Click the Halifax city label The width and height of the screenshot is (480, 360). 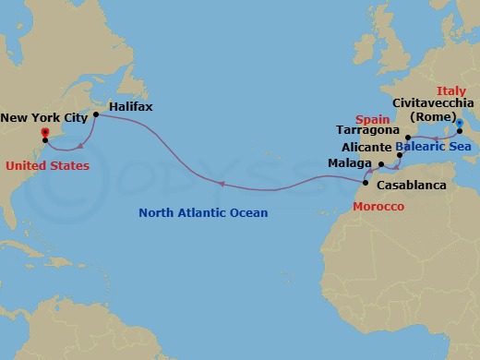coord(131,107)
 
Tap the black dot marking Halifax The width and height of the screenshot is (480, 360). coord(96,115)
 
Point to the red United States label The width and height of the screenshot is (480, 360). coord(47,166)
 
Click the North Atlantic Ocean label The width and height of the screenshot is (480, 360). coord(203,213)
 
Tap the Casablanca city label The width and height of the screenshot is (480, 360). coord(412,186)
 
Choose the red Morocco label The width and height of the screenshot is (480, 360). coord(378,206)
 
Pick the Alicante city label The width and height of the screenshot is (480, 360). coord(366,146)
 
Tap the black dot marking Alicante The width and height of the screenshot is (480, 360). coord(399,154)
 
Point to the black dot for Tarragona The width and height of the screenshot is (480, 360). coord(407,138)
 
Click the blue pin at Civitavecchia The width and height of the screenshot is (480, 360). coord(459,121)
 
